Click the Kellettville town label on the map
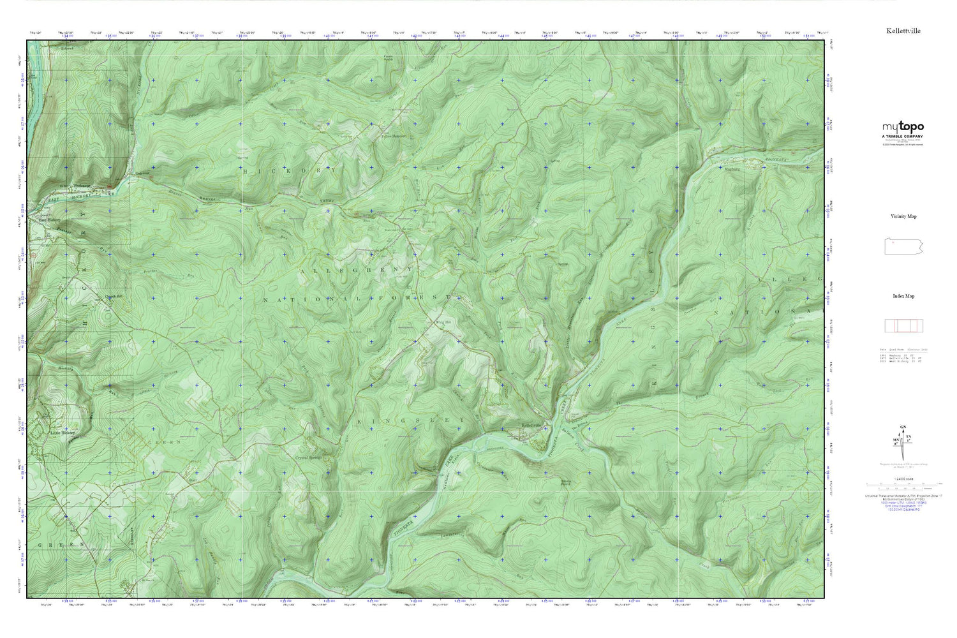(x=531, y=425)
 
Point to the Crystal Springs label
(x=308, y=457)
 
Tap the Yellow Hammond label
(x=394, y=136)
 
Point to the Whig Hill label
(x=441, y=322)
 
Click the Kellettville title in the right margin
(x=903, y=31)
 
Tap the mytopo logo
(x=903, y=127)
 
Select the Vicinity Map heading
(x=903, y=217)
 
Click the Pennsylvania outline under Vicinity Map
(x=903, y=246)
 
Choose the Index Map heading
(x=903, y=296)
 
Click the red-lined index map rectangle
(x=903, y=326)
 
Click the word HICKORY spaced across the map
(x=289, y=171)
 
